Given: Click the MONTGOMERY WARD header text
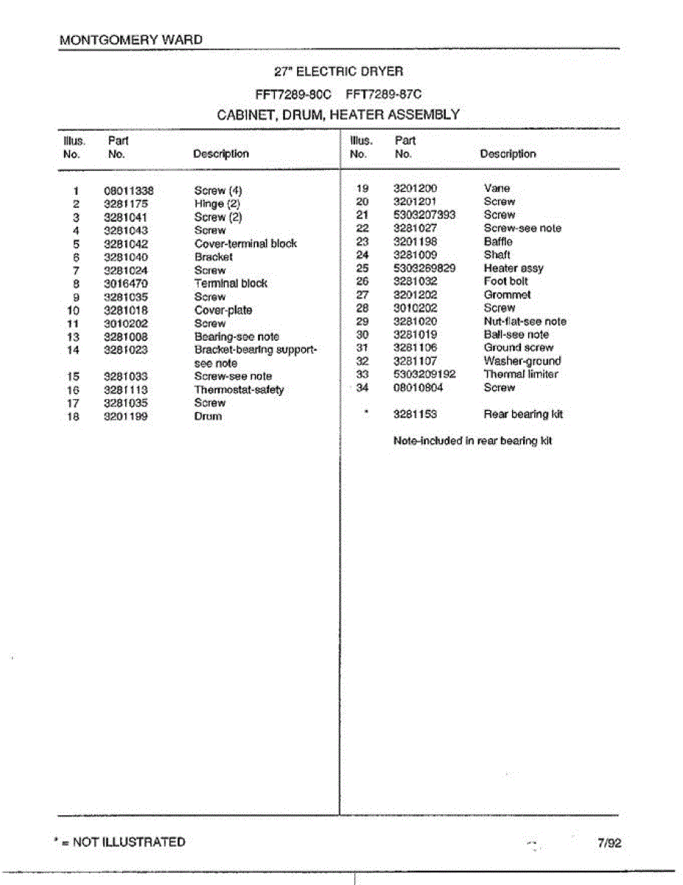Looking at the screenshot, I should [130, 40].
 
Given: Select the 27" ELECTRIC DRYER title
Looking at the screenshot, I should [338, 72].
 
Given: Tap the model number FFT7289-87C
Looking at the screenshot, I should [383, 94].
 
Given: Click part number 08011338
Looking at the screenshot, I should [128, 190].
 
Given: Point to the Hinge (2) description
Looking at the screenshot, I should [217, 204].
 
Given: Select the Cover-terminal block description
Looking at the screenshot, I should [245, 243].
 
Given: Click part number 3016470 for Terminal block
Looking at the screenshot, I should [125, 283].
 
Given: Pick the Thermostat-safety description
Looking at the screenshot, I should [239, 389].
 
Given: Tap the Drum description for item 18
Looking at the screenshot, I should [208, 416].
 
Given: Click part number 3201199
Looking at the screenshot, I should [125, 416].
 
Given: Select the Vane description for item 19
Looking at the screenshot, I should [497, 188].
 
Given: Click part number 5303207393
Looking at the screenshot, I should [424, 215].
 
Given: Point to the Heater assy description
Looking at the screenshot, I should [514, 268].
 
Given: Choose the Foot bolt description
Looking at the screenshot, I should [505, 281].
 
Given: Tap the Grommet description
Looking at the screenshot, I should [507, 294].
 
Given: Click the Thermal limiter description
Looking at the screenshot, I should [520, 374].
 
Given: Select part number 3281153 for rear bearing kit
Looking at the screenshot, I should [415, 414].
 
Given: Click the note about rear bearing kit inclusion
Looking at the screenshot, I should [472, 440].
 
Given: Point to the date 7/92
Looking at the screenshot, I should [609, 843].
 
